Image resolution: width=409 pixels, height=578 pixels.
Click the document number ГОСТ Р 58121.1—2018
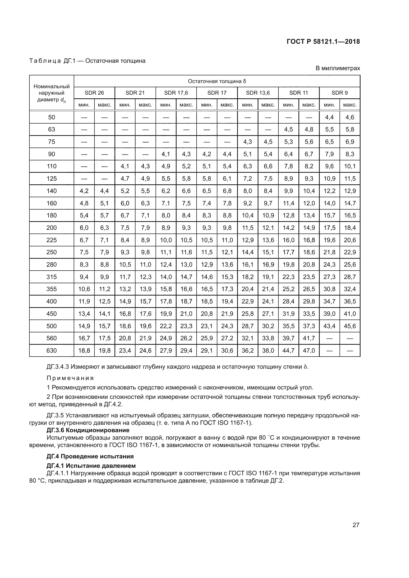click(323, 42)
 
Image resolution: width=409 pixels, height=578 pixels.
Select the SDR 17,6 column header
click(176, 93)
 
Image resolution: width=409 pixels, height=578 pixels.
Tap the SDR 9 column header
click(340, 93)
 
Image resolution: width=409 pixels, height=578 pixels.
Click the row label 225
click(51, 240)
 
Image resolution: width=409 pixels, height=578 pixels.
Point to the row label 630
click(51, 350)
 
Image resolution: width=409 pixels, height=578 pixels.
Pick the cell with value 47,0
click(309, 350)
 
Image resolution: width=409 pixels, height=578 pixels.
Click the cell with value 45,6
click(350, 326)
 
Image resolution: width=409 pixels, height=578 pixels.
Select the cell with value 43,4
click(329, 326)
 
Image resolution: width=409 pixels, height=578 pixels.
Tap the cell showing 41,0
click(350, 314)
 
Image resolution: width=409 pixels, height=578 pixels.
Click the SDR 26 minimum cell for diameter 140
click(84, 191)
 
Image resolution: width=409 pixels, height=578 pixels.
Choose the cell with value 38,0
click(268, 350)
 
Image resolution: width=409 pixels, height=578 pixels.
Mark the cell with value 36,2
click(248, 350)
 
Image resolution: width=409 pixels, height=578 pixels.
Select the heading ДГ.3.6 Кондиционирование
click(88, 430)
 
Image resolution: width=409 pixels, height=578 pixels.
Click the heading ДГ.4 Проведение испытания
click(90, 456)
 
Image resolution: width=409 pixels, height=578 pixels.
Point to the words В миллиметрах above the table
click(338, 68)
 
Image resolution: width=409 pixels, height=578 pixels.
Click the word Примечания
click(70, 378)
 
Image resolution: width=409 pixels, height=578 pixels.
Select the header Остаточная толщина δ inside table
click(217, 81)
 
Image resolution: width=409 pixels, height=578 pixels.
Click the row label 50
click(51, 117)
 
